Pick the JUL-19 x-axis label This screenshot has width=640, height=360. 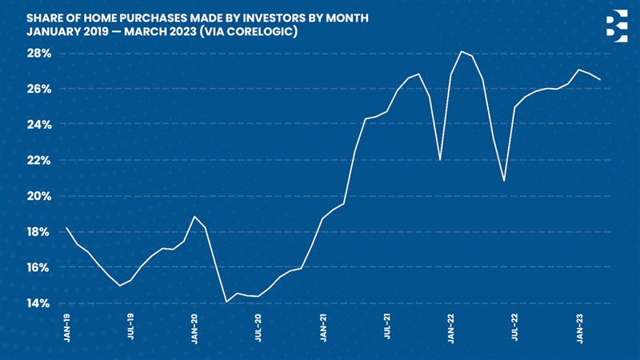[130, 330]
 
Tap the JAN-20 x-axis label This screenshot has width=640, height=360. [194, 330]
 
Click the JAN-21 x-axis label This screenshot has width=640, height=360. [322, 330]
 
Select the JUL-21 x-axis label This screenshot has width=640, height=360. [387, 330]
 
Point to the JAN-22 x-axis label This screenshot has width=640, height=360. [451, 330]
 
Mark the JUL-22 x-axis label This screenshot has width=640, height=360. [516, 330]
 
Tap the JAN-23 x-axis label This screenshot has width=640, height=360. [579, 330]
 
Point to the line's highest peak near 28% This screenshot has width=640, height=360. [462, 51]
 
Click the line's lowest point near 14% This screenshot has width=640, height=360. [226, 302]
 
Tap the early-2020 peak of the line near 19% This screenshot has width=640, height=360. [194, 216]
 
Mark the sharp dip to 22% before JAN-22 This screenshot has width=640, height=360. [441, 160]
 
